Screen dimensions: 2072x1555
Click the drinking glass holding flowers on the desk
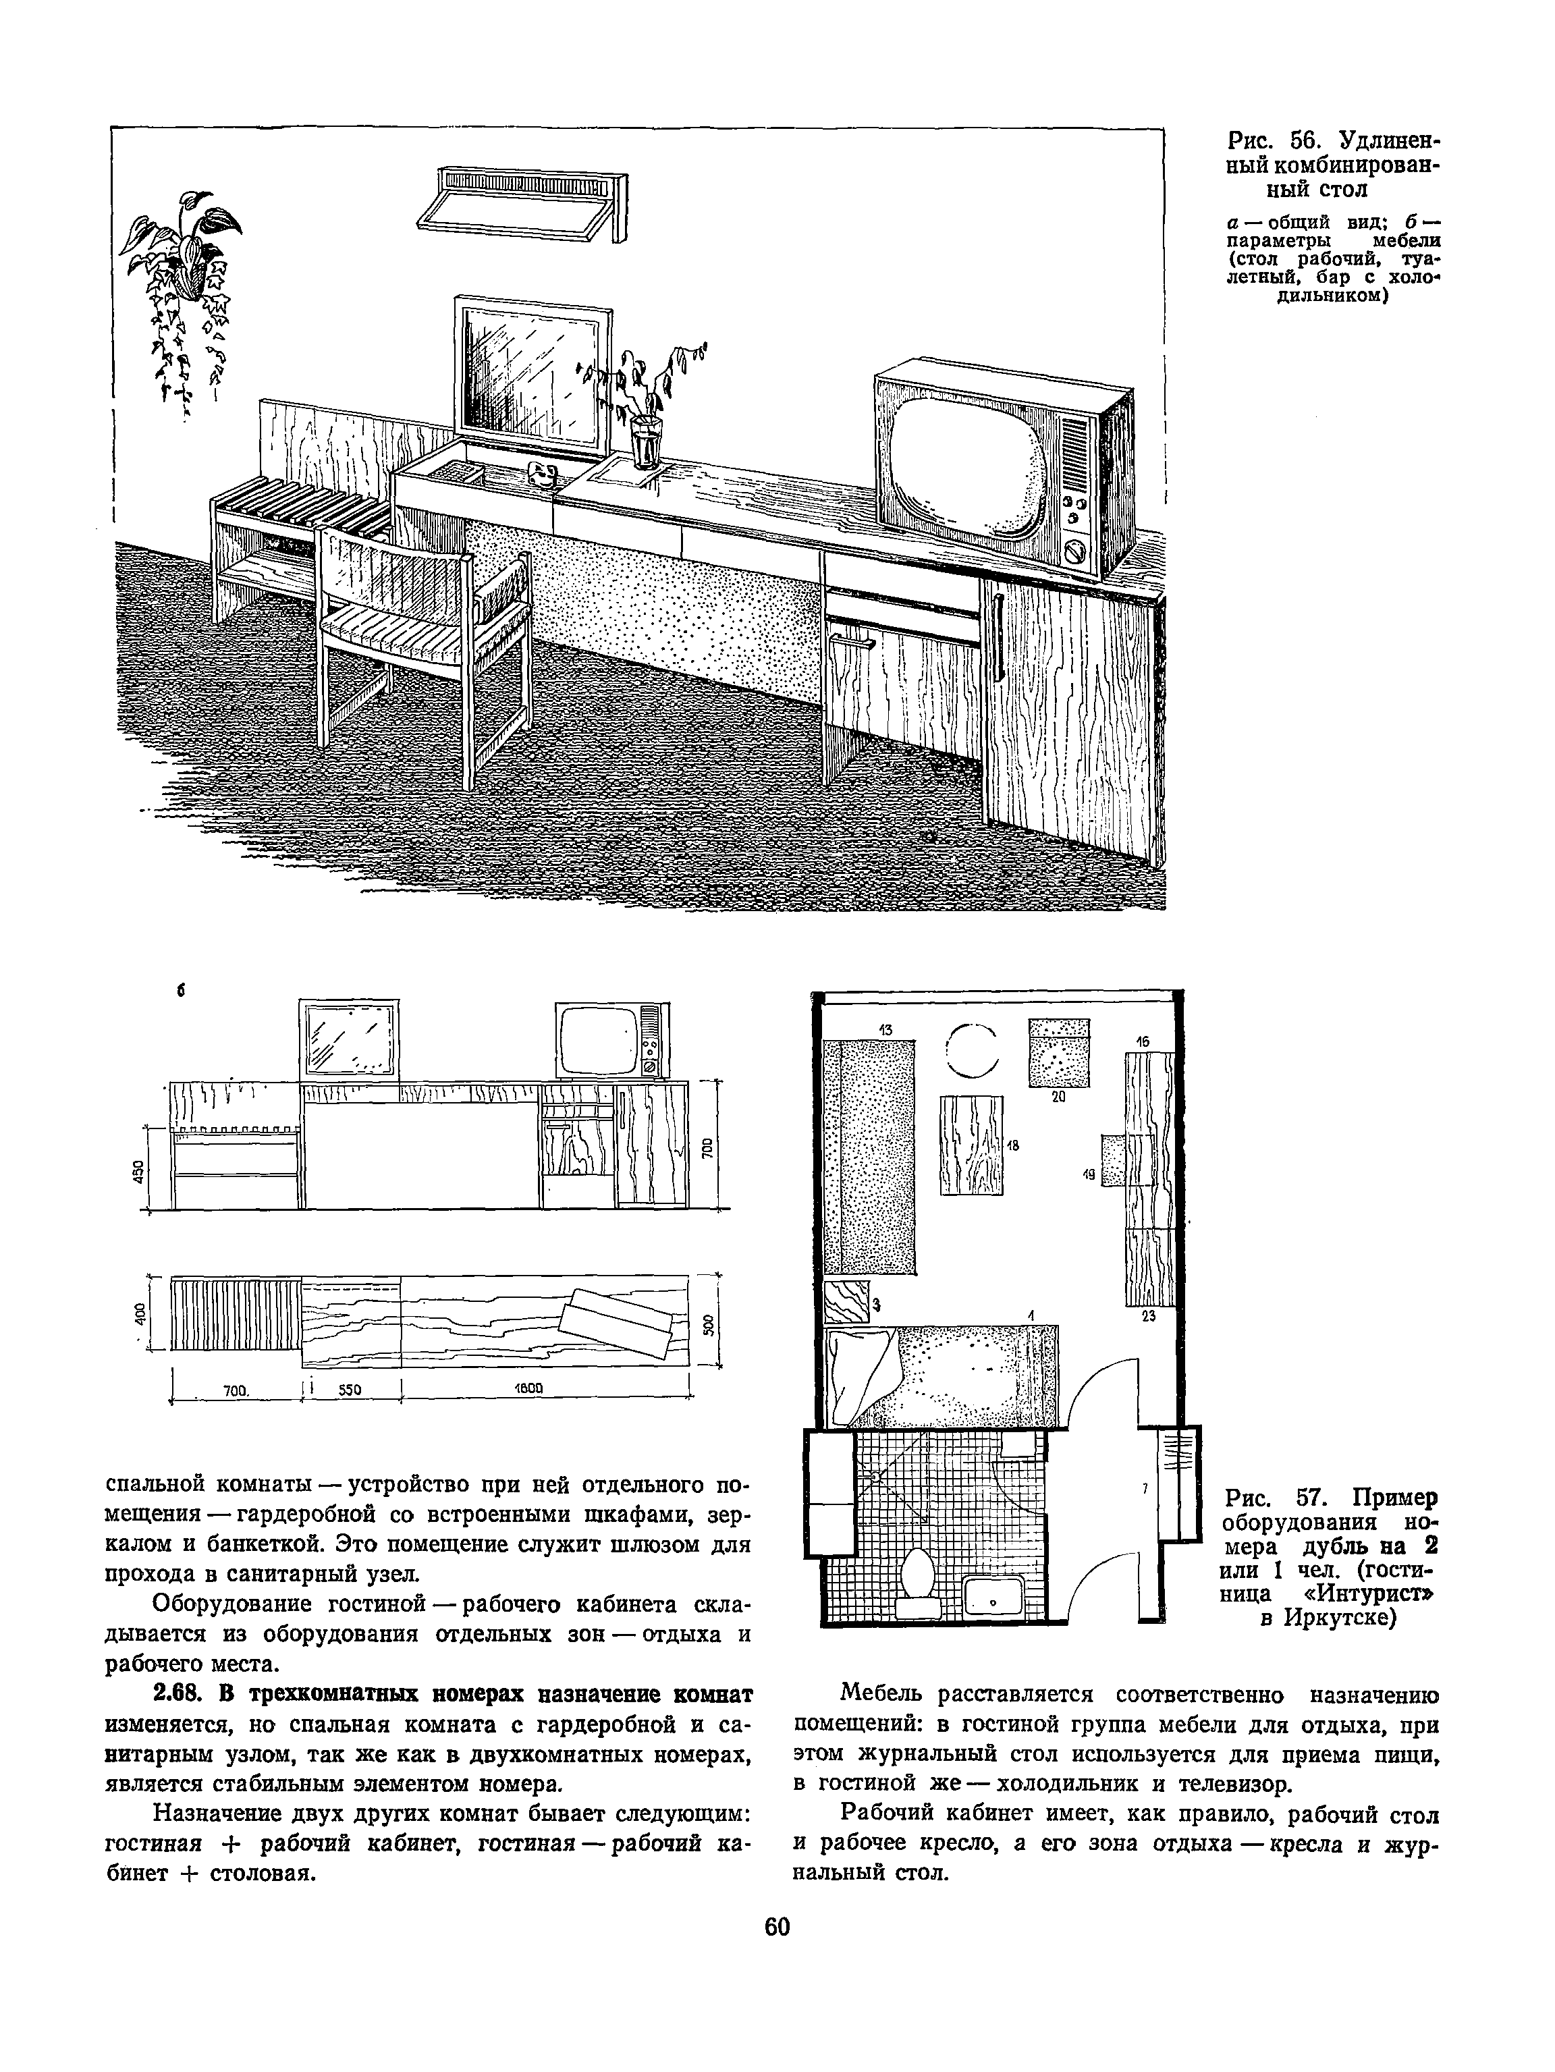click(x=645, y=441)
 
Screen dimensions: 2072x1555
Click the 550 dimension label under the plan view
click(x=348, y=1390)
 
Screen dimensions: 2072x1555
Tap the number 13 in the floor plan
click(x=885, y=1029)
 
